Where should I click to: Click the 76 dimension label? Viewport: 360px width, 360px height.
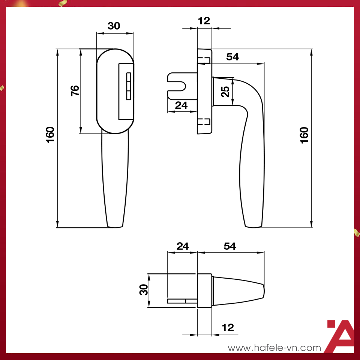75,91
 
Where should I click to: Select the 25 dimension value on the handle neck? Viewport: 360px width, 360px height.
225,91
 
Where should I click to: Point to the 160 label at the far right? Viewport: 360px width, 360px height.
304,135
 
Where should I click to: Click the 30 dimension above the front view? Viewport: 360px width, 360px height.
114,26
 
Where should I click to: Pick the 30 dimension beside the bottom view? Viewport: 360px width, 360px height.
144,290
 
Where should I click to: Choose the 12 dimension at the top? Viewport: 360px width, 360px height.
204,21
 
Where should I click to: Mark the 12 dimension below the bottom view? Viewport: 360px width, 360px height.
228,328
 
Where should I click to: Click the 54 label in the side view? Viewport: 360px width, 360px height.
232,57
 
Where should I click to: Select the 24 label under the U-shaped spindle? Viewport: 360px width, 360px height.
181,106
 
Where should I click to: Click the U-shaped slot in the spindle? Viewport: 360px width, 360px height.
180,86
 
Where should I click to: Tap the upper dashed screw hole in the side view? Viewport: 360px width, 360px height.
204,60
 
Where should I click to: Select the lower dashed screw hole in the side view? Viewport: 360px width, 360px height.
204,121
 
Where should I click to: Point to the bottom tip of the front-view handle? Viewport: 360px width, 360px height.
115,226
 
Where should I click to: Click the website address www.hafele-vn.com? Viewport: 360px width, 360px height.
274,348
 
